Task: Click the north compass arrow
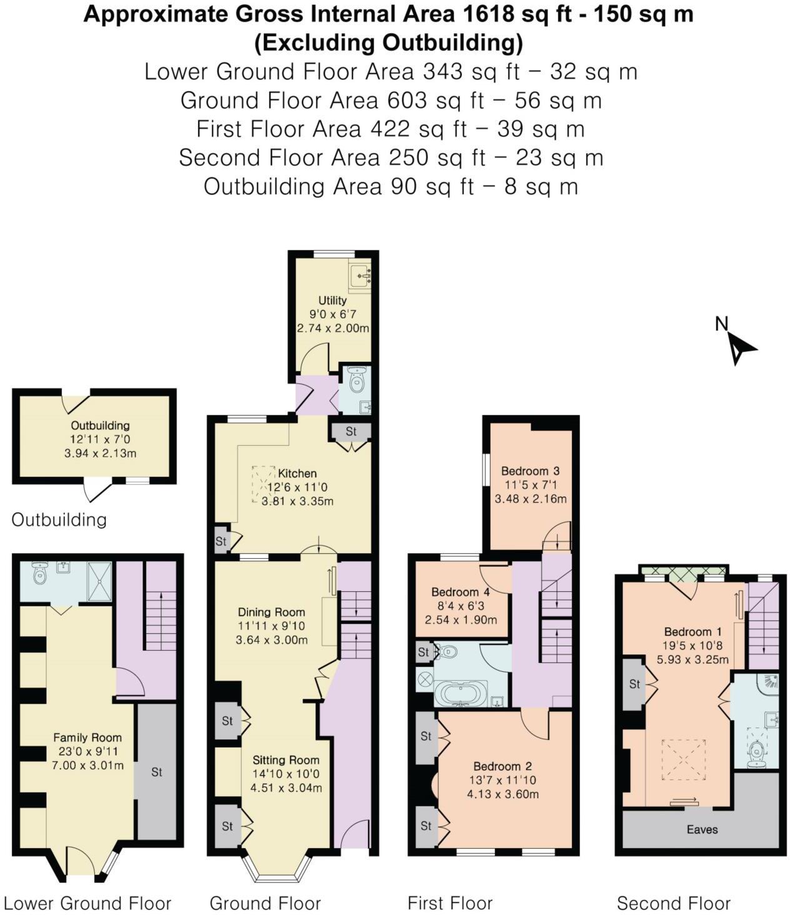(740, 347)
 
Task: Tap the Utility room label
(332, 300)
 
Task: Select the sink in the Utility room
(361, 275)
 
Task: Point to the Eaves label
(702, 829)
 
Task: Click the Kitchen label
(297, 474)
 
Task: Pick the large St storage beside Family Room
(156, 772)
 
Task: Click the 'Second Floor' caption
(673, 903)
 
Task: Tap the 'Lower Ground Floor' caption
(87, 903)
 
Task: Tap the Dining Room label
(271, 612)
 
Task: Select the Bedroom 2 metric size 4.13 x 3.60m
(502, 794)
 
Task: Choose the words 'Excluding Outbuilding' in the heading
(388, 42)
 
